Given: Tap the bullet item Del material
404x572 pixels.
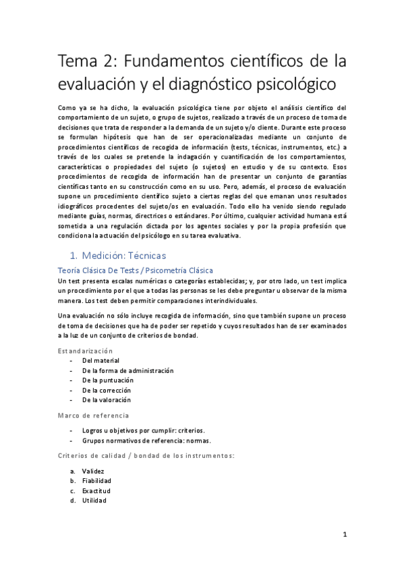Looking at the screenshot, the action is click(x=100, y=361).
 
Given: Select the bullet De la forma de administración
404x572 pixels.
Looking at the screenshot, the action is click(x=127, y=370).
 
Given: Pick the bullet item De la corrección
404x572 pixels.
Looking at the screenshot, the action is click(x=106, y=390).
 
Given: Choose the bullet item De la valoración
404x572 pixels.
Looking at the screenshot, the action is click(x=107, y=400).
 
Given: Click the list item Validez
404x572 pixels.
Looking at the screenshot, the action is click(x=93, y=470).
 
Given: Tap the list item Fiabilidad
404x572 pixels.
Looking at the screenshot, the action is click(x=96, y=480).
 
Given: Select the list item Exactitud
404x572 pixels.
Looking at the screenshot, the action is click(x=96, y=490).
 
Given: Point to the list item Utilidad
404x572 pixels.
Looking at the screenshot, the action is click(x=94, y=500).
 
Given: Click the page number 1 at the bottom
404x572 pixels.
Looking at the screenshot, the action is click(x=344, y=535).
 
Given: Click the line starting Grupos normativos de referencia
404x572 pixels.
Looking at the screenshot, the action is click(x=146, y=441).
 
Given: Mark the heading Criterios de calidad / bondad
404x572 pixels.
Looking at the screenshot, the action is click(x=146, y=456).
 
